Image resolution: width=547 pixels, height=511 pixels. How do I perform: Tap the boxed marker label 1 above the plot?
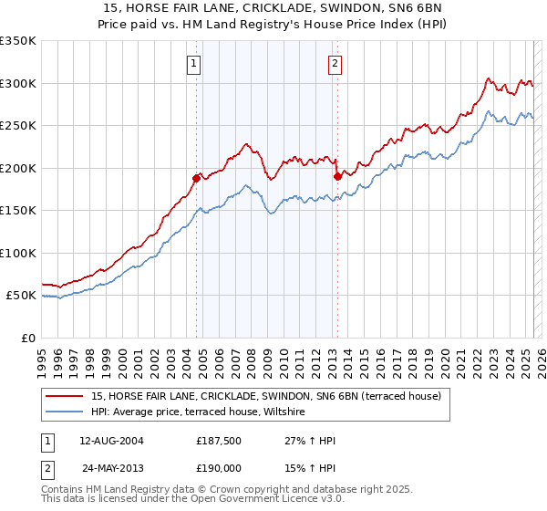pyautogui.click(x=195, y=63)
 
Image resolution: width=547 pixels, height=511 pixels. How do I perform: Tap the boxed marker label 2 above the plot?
pyautogui.click(x=335, y=63)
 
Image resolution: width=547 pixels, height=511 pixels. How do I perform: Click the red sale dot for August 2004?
pyautogui.click(x=196, y=178)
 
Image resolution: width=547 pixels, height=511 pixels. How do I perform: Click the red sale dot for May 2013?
pyautogui.click(x=337, y=176)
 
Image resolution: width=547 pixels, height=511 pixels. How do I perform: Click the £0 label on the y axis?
pyautogui.click(x=27, y=338)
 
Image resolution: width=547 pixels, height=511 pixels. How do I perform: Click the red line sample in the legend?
pyautogui.click(x=66, y=396)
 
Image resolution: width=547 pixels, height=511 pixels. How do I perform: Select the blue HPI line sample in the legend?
pyautogui.click(x=66, y=412)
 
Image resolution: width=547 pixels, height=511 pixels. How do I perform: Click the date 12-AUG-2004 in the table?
pyautogui.click(x=111, y=441)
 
